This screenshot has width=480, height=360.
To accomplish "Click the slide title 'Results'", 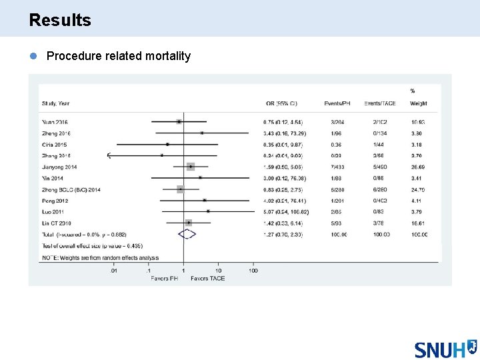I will pyautogui.click(x=60, y=20).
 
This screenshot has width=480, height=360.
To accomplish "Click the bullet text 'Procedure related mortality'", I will pyautogui.click(x=118, y=56).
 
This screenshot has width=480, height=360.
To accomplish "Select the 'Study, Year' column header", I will pyautogui.click(x=56, y=103).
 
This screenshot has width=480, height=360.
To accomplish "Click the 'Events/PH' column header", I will pyautogui.click(x=337, y=103).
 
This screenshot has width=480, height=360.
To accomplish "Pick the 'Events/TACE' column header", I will pyautogui.click(x=380, y=103).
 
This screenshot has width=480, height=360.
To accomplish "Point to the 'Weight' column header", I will pyautogui.click(x=419, y=103).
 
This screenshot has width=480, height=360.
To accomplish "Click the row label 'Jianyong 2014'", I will pyautogui.click(x=60, y=167).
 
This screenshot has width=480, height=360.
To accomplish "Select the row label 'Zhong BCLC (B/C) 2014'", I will pyautogui.click(x=71, y=189).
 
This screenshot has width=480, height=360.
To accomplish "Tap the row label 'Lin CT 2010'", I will pyautogui.click(x=57, y=223).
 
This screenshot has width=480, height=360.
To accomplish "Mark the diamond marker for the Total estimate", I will pyautogui.click(x=187, y=235).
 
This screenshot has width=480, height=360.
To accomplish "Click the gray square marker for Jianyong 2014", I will pyautogui.click(x=191, y=167).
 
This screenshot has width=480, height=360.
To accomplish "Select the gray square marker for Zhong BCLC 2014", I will pyautogui.click(x=180, y=189).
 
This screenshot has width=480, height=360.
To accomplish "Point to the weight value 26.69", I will pyautogui.click(x=419, y=167).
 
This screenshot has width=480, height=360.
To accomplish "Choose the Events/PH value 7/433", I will pyautogui.click(x=337, y=167).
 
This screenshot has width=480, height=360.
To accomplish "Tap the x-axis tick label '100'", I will pyautogui.click(x=253, y=271).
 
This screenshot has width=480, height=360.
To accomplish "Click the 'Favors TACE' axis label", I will pyautogui.click(x=207, y=279).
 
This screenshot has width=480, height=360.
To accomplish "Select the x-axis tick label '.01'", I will pyautogui.click(x=114, y=271).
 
